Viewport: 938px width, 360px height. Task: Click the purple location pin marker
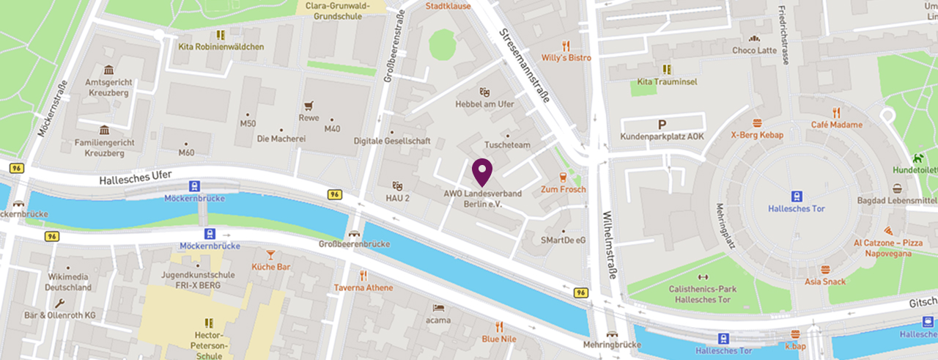pyautogui.click(x=481, y=172)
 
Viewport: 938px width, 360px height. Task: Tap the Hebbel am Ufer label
pyautogui.click(x=484, y=104)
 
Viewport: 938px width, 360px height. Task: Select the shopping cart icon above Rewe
pyautogui.click(x=309, y=106)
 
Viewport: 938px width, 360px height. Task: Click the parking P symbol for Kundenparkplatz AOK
pyautogui.click(x=662, y=125)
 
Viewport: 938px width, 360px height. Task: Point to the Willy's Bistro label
pyautogui.click(x=566, y=57)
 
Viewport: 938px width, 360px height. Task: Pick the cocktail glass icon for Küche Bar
pyautogui.click(x=270, y=254)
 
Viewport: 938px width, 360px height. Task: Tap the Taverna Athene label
pyautogui.click(x=363, y=287)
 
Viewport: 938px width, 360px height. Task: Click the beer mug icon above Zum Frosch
pyautogui.click(x=563, y=177)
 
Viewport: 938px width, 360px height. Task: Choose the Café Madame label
pyautogui.click(x=835, y=125)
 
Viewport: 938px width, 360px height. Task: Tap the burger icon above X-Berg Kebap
pyautogui.click(x=757, y=123)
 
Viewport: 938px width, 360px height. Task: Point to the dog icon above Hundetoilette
pyautogui.click(x=917, y=158)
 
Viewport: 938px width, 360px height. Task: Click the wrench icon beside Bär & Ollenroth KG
pyautogui.click(x=59, y=302)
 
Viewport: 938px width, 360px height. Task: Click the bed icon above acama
pyautogui.click(x=438, y=308)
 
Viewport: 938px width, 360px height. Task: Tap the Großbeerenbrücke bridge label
pyautogui.click(x=354, y=243)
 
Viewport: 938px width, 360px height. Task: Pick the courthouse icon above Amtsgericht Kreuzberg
pyautogui.click(x=108, y=70)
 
